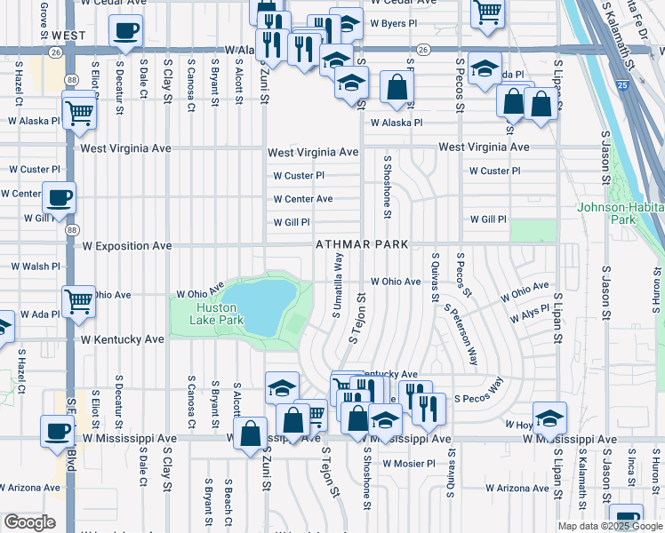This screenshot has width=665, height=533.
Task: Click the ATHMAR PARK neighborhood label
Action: click(361, 244)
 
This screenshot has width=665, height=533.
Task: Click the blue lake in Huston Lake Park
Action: click(259, 306)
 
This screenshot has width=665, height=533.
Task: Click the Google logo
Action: click(29, 522)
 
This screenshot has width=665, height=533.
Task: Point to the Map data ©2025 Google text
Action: click(609, 526)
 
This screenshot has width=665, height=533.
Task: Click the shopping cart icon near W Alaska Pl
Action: click(79, 113)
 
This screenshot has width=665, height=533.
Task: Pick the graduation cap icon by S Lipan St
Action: click(549, 417)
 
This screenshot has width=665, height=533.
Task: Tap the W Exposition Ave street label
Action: click(126, 245)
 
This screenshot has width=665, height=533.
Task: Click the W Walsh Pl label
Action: click(35, 266)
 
